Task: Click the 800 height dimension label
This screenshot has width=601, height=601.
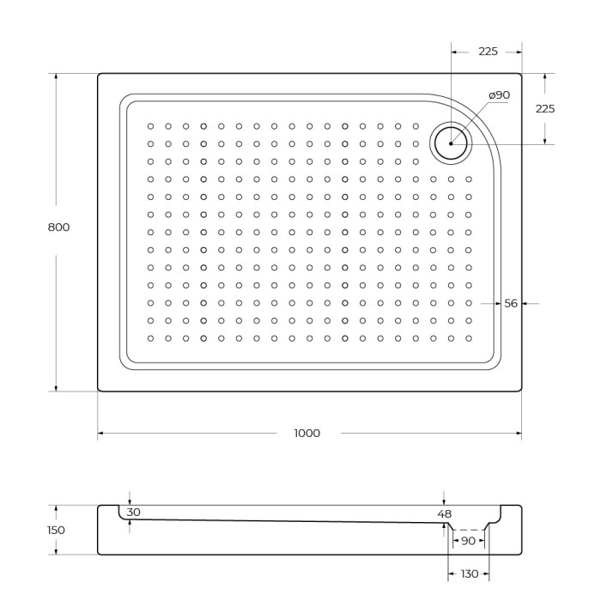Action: click(x=58, y=228)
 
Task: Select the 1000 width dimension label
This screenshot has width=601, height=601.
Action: click(x=307, y=434)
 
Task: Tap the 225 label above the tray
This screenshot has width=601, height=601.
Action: click(x=488, y=52)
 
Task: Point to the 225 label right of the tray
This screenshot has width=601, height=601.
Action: click(x=544, y=109)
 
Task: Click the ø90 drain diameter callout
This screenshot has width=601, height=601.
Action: click(x=499, y=94)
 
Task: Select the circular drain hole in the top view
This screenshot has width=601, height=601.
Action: click(x=451, y=143)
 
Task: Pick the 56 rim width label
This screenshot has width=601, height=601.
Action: click(x=511, y=303)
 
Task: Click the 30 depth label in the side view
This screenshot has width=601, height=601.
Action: click(x=133, y=513)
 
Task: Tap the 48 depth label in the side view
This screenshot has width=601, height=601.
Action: click(x=444, y=514)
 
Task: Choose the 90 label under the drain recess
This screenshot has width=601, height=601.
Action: click(x=468, y=541)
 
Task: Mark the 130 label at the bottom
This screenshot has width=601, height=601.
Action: click(x=468, y=574)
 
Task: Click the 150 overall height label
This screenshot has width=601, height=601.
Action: click(x=56, y=530)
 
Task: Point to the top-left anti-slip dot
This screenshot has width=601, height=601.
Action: click(x=150, y=125)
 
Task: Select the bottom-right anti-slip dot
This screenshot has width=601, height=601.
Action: click(x=469, y=338)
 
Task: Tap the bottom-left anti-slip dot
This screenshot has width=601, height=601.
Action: click(x=150, y=338)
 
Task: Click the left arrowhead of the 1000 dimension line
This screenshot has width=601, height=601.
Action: click(x=101, y=434)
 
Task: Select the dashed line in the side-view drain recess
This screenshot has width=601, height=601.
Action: click(x=468, y=530)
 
